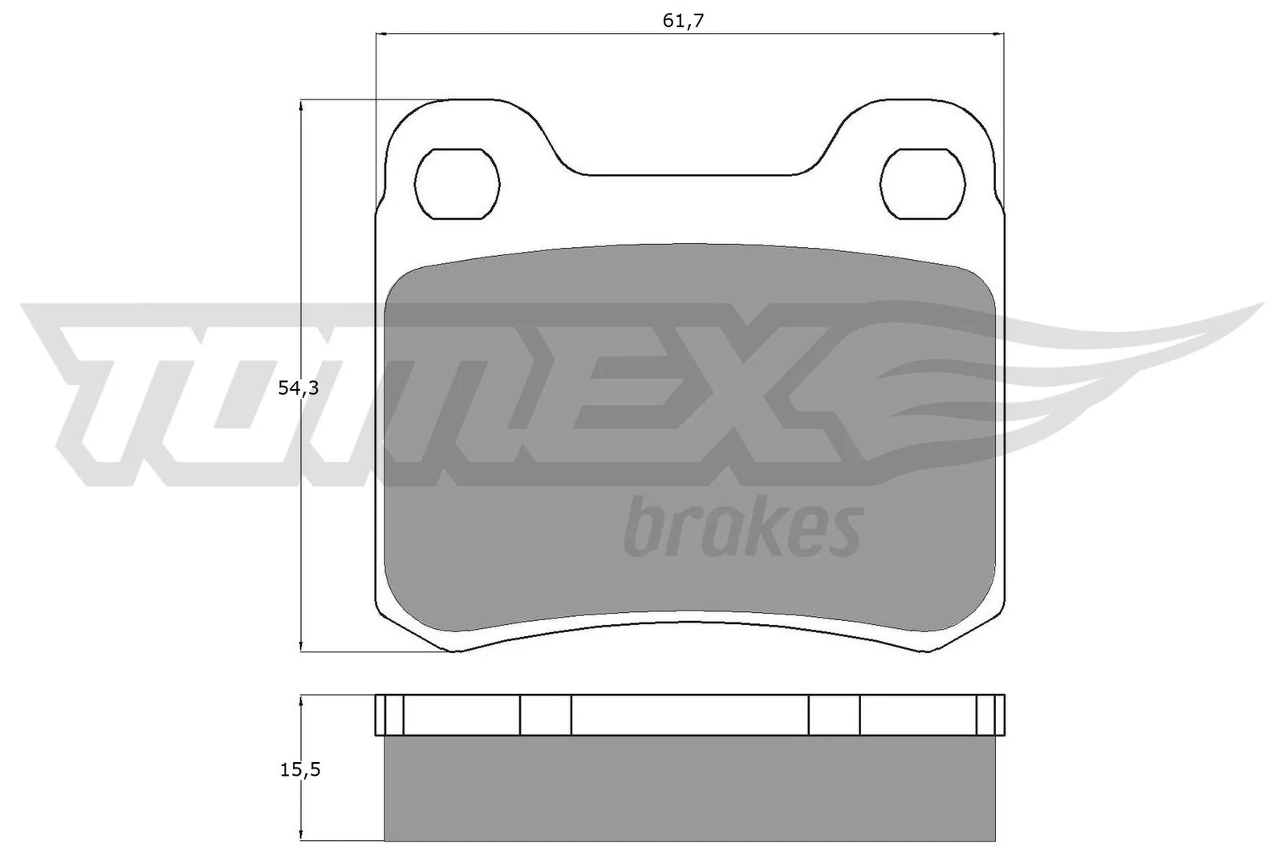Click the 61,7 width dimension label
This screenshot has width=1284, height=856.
click(x=683, y=21)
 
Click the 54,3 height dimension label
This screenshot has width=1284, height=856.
click(x=298, y=388)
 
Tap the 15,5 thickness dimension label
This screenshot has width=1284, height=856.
click(x=299, y=769)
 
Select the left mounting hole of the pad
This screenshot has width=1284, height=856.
click(x=457, y=184)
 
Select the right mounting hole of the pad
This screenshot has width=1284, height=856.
click(x=923, y=184)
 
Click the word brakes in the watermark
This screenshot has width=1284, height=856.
click(x=742, y=528)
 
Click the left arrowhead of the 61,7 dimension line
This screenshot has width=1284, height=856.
click(x=381, y=34)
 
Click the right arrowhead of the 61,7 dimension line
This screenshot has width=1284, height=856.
click(x=1000, y=34)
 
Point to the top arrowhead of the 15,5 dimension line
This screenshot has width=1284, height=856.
click(x=301, y=700)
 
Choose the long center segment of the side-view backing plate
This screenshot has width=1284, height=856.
click(x=690, y=715)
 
